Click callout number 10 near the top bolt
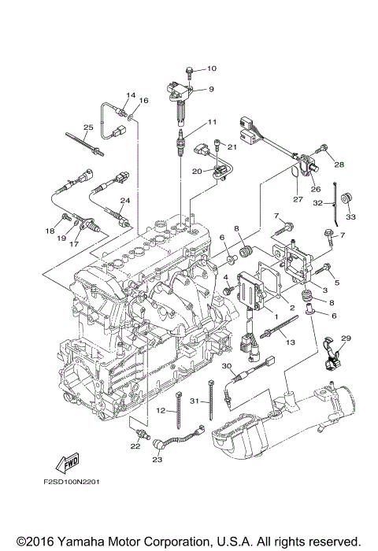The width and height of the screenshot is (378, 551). coord(212,68)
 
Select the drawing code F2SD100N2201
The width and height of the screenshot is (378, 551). coord(72,482)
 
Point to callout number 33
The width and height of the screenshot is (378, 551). coord(350,216)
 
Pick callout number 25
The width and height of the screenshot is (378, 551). coord(88,128)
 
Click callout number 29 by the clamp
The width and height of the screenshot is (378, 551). coord(346,338)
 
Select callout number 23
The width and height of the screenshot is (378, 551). coord(157,459)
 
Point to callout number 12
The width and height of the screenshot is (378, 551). coord(161,410)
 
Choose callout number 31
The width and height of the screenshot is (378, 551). coord(195,401)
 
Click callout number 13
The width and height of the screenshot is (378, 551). coord(291,342)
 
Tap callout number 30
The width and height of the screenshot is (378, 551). coord(227,365)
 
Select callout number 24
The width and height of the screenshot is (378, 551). coord(125,200)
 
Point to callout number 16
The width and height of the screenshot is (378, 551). coord(143,101)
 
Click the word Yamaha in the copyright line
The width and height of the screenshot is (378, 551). coord(80,541)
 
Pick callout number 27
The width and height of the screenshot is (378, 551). coord(298,200)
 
